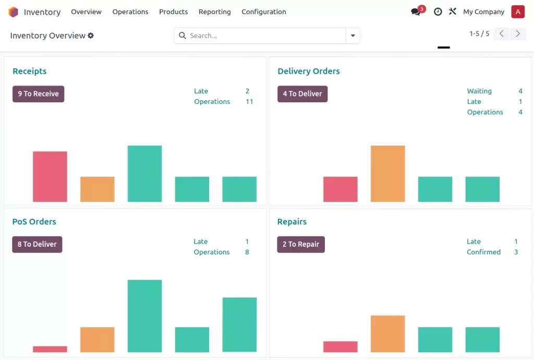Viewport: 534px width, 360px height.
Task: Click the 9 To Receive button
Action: (39, 94)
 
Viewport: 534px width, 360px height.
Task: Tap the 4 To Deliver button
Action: (302, 94)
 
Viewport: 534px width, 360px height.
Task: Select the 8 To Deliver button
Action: (37, 244)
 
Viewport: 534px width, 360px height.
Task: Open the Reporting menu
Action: (214, 11)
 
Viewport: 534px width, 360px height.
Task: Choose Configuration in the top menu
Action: (263, 11)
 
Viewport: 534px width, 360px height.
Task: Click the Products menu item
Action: (173, 11)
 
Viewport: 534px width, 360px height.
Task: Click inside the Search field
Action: (261, 35)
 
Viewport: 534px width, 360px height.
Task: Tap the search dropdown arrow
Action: (353, 35)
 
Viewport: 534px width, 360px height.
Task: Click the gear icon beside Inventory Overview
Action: (91, 35)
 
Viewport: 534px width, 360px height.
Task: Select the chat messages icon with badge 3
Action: (416, 11)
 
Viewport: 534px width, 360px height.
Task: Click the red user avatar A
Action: (518, 11)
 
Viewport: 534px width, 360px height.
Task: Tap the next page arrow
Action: (518, 34)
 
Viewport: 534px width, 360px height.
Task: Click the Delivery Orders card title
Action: (308, 71)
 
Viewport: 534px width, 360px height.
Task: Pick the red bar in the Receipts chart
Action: (50, 176)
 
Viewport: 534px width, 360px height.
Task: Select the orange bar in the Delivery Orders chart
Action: (387, 173)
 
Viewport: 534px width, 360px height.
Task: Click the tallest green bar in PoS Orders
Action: (144, 316)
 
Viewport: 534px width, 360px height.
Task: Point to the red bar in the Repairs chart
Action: (340, 346)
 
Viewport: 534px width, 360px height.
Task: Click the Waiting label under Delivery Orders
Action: (479, 91)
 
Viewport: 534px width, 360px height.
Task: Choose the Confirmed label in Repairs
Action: (483, 252)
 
